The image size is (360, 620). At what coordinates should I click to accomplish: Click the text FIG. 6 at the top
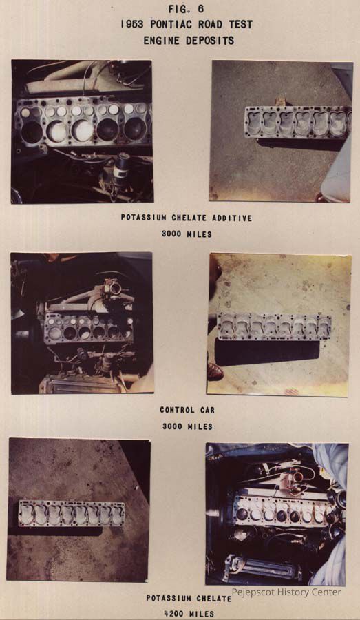[x=186, y=9]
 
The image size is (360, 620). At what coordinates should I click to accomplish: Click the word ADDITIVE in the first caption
[x=232, y=218]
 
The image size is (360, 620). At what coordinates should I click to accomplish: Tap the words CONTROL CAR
[x=187, y=410]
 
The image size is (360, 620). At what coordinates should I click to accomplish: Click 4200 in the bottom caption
[x=173, y=614]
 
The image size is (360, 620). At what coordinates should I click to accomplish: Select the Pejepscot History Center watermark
[x=286, y=592]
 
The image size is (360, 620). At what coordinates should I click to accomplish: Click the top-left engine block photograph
[x=82, y=132]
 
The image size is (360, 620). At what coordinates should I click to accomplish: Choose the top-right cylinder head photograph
[x=281, y=131]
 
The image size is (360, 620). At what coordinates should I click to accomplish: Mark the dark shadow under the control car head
[x=267, y=353]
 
